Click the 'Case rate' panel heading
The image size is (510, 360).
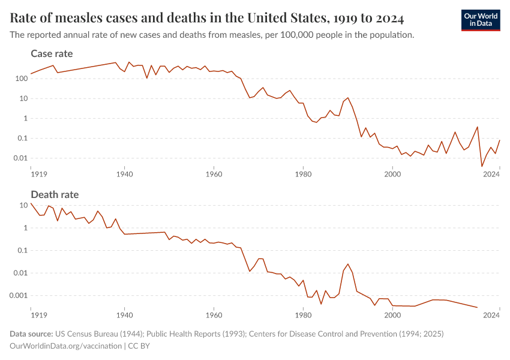point(52,54)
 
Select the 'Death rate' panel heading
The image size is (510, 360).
point(55,194)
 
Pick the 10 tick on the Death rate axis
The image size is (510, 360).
point(24,205)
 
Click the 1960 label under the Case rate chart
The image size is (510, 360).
point(214,174)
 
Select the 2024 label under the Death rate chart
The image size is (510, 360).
point(492,314)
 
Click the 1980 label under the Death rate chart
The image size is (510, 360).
point(303,314)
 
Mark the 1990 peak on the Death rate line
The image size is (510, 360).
point(348,264)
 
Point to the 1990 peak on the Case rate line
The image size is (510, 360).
point(348,97)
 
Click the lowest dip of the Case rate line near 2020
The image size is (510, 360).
point(482,167)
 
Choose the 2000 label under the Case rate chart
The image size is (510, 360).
point(392,174)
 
